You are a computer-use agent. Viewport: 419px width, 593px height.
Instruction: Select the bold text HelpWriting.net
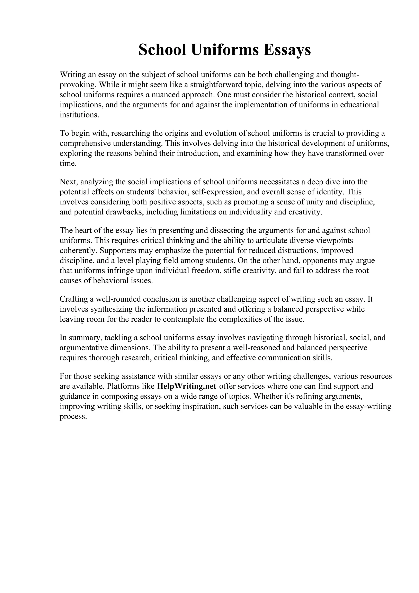pos(186,386)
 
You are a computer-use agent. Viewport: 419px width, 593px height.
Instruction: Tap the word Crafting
pos(74,299)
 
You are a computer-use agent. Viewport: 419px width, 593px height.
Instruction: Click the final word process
pos(72,417)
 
